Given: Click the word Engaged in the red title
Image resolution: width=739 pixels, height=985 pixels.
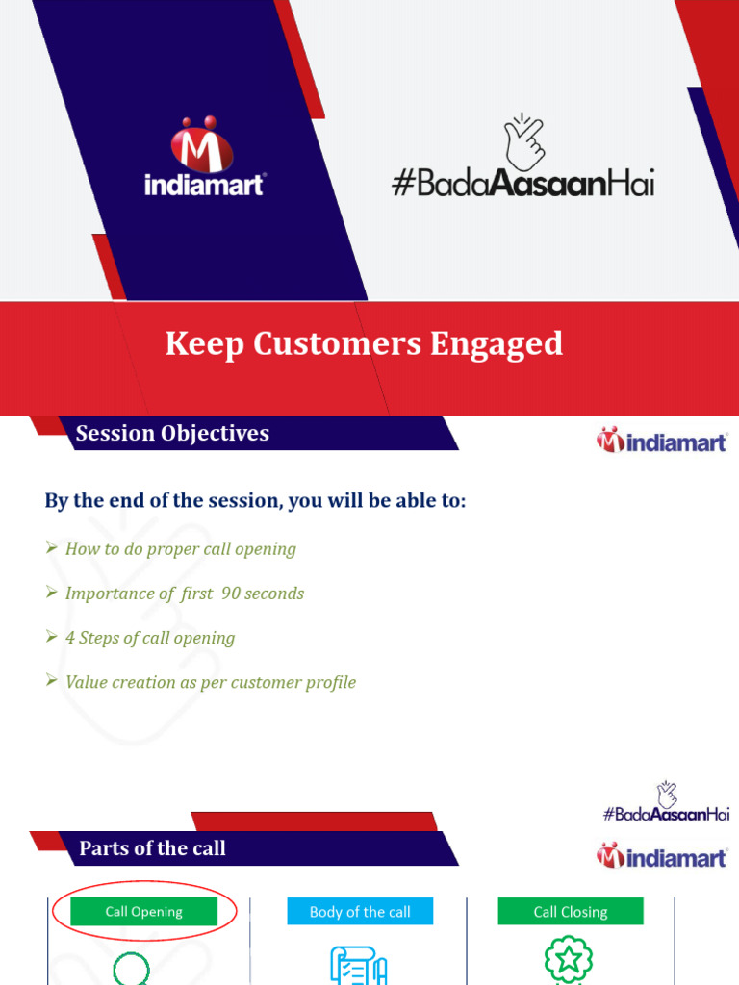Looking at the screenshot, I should coord(497,343).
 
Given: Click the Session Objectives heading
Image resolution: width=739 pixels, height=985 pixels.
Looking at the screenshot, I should coord(172,434).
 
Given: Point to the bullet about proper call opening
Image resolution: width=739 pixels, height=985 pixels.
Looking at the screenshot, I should coord(180,549).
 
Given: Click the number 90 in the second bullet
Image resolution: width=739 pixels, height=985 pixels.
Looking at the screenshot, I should coord(231,594).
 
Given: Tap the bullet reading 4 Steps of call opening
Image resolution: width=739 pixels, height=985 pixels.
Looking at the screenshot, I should coord(149,638).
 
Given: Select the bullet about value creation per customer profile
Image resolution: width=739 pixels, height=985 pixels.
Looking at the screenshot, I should coord(210,682).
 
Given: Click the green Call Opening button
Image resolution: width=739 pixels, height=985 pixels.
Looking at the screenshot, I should coord(143,912).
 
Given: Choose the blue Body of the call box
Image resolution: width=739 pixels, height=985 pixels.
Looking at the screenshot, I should coord(360,912).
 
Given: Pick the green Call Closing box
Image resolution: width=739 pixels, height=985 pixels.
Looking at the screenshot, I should coord(571,912).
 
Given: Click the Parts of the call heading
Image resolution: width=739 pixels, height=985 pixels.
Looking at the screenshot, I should coord(152,847).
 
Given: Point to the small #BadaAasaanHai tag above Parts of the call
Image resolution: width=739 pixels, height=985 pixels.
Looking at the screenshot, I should coord(666,814).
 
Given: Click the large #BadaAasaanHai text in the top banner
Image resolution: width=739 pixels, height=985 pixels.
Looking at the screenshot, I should coord(523,183).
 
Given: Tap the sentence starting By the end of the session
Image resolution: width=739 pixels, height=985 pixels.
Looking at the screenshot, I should coord(255,501).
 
